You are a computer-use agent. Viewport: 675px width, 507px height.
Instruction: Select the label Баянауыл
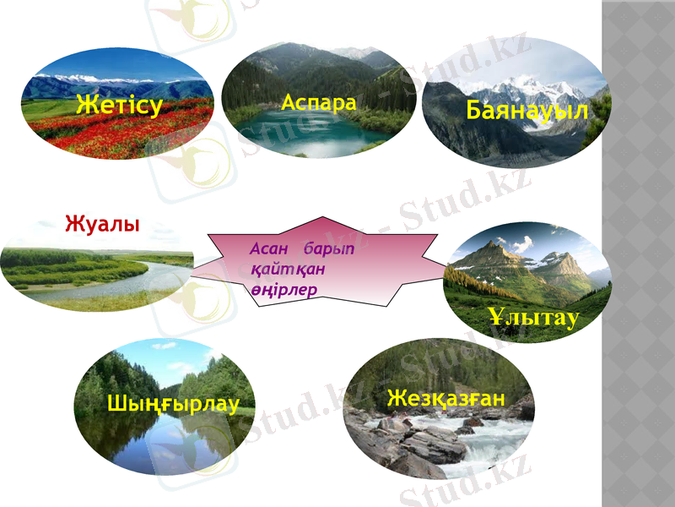tap(526, 111)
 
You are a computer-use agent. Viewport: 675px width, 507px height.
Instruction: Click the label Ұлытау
tap(533, 317)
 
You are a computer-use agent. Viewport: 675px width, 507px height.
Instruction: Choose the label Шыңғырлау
tap(173, 403)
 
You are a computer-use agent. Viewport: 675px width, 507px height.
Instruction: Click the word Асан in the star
tap(270, 251)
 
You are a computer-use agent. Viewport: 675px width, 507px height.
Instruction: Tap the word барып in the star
tap(330, 251)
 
